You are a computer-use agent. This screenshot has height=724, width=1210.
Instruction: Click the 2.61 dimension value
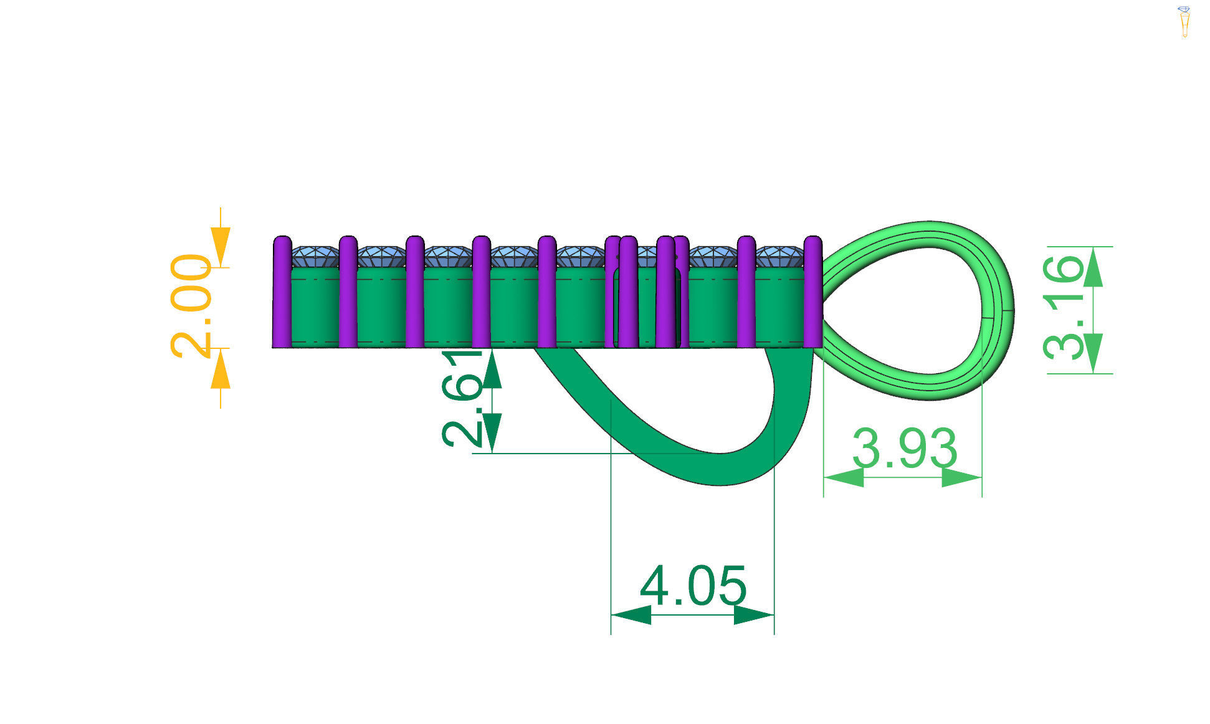point(462,399)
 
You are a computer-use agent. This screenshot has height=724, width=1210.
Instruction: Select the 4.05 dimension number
point(693,586)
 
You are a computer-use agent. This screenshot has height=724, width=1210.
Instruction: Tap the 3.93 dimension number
point(903,449)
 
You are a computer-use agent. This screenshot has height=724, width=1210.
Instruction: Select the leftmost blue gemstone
point(315,256)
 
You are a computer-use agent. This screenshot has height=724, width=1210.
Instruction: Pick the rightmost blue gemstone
point(779,256)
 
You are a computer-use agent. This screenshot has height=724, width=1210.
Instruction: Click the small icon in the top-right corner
point(1184,21)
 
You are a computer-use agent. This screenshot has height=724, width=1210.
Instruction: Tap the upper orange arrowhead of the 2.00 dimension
point(221,247)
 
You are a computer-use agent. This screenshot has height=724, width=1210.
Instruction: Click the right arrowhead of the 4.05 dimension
point(755,616)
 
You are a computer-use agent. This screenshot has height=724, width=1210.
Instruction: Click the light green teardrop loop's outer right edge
point(1007,310)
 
